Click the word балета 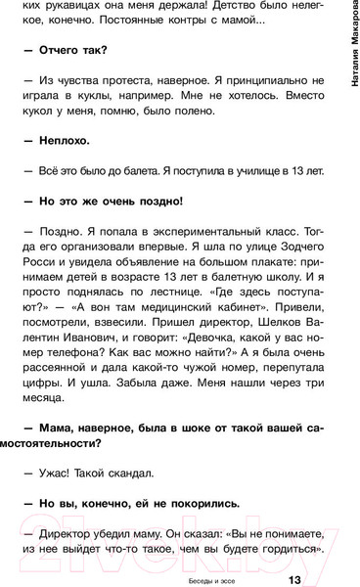[131, 169]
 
